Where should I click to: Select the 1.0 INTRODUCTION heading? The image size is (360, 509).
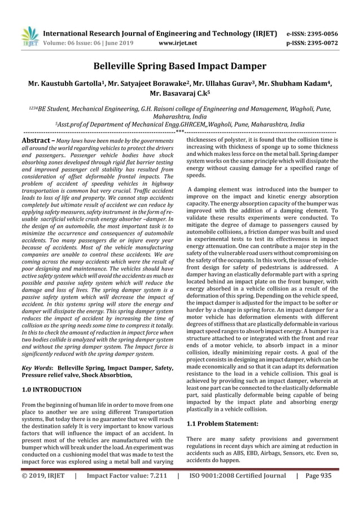(51, 389)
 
